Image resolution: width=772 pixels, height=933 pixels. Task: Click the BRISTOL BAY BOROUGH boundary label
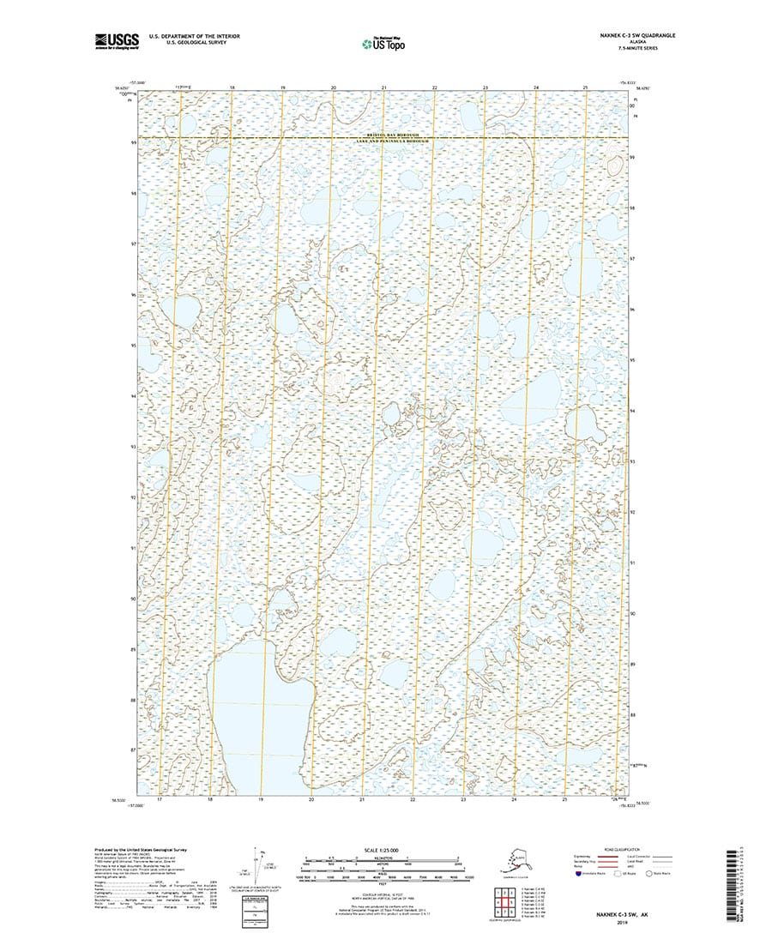tap(386, 135)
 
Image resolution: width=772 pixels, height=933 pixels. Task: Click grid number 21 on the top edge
tap(384, 88)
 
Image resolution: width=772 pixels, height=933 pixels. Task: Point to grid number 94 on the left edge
tap(133, 397)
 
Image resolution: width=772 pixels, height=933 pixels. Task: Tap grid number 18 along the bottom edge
tap(210, 799)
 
